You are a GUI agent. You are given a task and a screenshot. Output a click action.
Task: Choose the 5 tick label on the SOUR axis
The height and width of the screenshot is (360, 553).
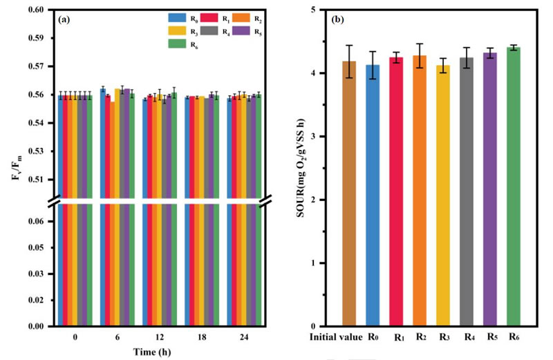[x=320, y=10]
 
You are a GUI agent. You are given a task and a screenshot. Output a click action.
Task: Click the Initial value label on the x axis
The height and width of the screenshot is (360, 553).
[x=335, y=338]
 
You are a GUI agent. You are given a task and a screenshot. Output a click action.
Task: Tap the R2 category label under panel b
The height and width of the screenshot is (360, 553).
[x=420, y=338]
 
